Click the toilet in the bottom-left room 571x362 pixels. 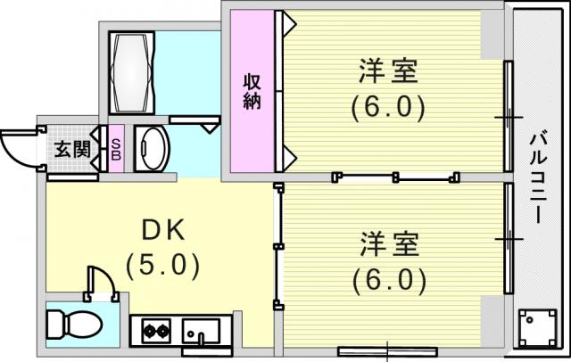(75, 325)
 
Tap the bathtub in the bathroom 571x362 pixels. (132, 72)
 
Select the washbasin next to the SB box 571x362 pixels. (153, 148)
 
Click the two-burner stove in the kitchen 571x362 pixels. (156, 331)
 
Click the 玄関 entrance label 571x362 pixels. (72, 149)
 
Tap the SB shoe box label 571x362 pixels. (116, 149)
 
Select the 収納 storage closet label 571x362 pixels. (252, 91)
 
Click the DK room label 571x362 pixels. (163, 231)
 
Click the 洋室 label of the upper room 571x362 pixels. (388, 71)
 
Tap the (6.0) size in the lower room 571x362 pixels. (389, 280)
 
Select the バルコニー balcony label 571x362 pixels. (538, 178)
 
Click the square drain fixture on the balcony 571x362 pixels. (538, 328)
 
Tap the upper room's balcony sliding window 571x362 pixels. (509, 117)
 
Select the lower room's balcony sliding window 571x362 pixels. (509, 238)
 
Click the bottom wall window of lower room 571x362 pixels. (387, 351)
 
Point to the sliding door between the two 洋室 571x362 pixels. (396, 177)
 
